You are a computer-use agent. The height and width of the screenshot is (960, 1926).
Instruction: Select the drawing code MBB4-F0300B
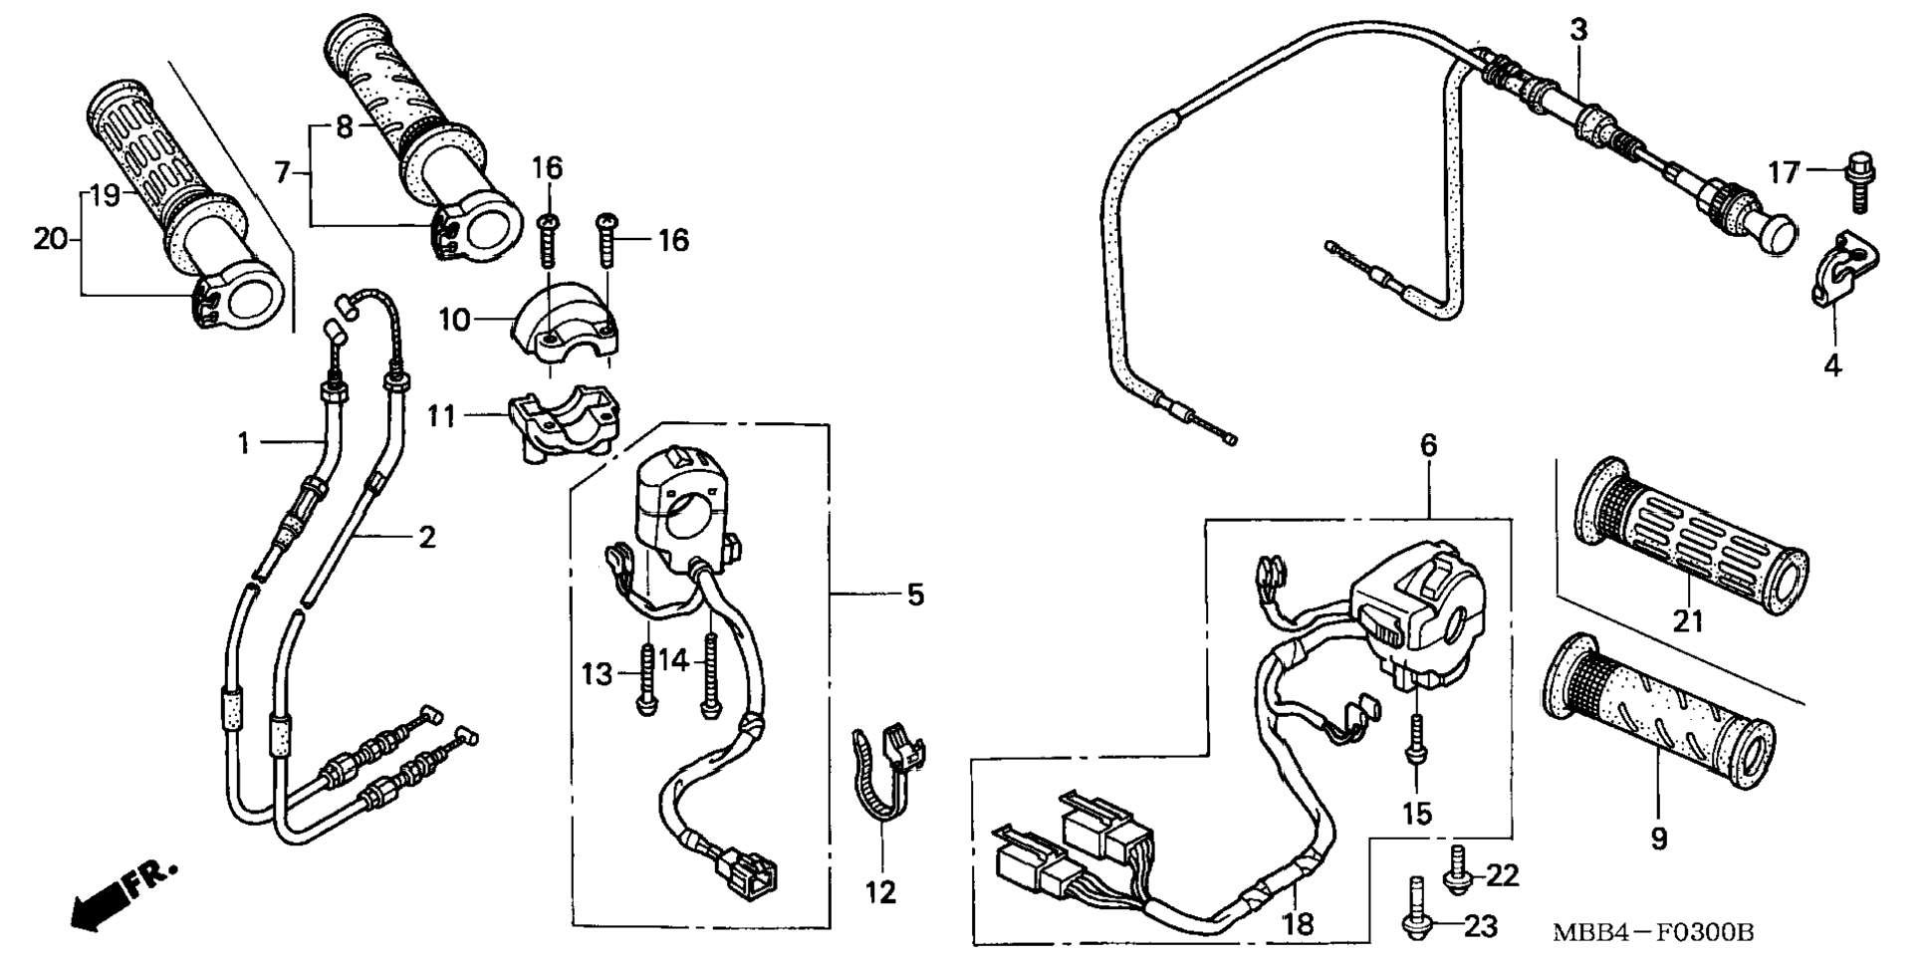pos(1653,933)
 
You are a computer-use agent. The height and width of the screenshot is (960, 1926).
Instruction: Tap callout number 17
pos(1783,173)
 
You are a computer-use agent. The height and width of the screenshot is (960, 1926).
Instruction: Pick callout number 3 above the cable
pos(1578,30)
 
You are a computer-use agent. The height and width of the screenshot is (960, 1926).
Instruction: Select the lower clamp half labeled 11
pos(563,424)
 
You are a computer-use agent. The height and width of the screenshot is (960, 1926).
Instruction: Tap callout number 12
pos(880,892)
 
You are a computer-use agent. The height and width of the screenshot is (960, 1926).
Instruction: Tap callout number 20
pos(49,239)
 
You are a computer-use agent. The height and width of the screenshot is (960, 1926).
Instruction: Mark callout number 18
pos(1298,924)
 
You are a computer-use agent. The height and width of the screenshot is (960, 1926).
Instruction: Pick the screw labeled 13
pos(646,677)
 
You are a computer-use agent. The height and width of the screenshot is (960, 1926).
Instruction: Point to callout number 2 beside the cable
pos(426,538)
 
